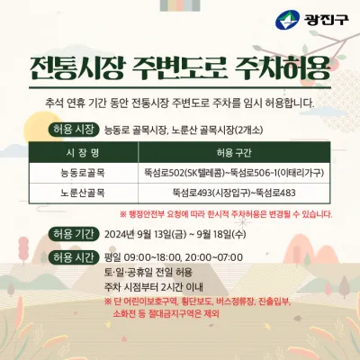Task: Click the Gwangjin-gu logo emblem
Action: tap(287, 20)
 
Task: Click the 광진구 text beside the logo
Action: tap(327, 20)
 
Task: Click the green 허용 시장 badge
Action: tap(74, 130)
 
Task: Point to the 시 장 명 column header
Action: tap(83, 153)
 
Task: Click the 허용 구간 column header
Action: tap(234, 153)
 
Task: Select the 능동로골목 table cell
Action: tap(83, 173)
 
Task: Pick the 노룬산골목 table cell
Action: tap(83, 193)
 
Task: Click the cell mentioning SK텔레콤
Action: tap(234, 173)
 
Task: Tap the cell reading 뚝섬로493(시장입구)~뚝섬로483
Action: tap(234, 193)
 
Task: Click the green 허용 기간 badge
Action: tap(74, 234)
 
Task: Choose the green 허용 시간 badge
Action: tap(74, 257)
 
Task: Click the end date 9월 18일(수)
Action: tap(221, 234)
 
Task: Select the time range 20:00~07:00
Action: tap(213, 257)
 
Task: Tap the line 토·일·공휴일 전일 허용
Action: tap(148, 273)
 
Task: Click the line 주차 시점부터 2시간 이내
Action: tap(154, 287)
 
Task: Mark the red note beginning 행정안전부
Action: tap(226, 214)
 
